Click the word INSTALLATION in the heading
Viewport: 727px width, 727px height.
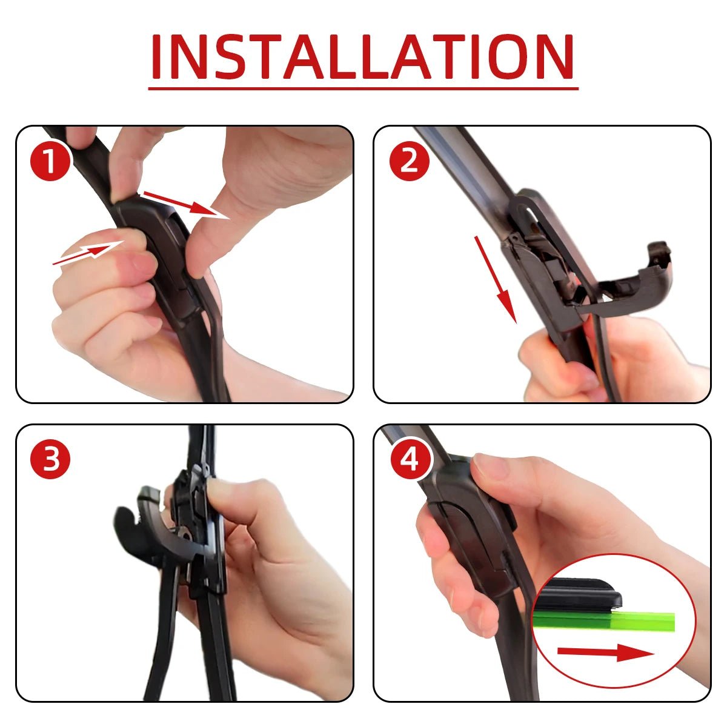pos(362,57)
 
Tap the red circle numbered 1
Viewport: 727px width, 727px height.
pos(51,160)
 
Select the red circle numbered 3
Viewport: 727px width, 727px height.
pos(51,459)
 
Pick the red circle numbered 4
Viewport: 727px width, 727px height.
pos(410,459)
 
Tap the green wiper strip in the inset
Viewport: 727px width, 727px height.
pos(606,620)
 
